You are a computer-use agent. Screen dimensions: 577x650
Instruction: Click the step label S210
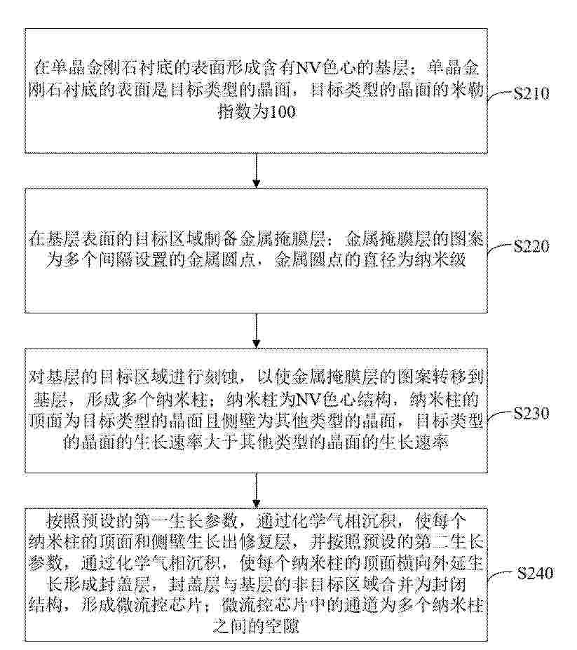click(x=531, y=94)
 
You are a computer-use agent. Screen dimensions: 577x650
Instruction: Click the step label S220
click(x=531, y=246)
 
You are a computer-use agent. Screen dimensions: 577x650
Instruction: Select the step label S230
click(x=531, y=413)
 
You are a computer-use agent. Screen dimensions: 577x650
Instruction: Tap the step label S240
click(x=535, y=574)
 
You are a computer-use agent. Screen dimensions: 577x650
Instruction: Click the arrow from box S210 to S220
click(x=257, y=170)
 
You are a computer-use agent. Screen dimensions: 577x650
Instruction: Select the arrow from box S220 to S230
click(x=257, y=330)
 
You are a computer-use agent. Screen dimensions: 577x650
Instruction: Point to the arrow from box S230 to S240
click(x=257, y=490)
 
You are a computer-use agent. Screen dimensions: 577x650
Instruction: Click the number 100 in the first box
click(x=282, y=112)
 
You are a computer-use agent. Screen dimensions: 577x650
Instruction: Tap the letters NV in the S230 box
click(x=308, y=400)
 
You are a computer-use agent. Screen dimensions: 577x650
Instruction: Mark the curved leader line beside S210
click(x=500, y=96)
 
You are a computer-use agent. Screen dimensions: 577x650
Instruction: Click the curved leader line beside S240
click(x=502, y=576)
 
